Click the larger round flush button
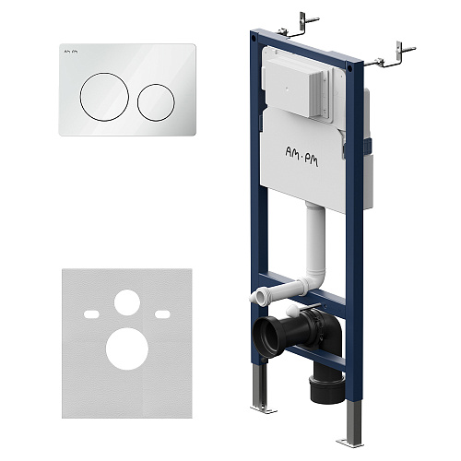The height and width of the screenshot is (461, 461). (104, 97)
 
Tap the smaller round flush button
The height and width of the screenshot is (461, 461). (156, 102)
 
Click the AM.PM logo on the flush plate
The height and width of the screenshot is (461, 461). (71, 52)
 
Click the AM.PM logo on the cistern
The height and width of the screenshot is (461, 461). (301, 157)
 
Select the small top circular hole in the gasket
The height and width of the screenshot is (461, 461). (127, 302)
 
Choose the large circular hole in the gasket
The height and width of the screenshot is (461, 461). (127, 349)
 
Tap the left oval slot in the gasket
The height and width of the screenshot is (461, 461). (91, 314)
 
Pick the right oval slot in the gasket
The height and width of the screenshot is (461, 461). (162, 314)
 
